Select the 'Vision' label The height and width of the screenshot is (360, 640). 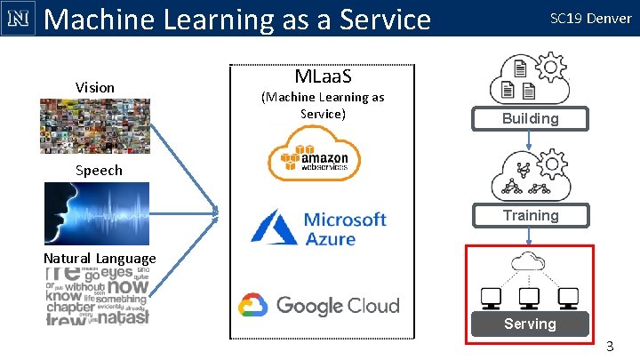point(95,87)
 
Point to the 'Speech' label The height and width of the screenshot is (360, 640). point(99,170)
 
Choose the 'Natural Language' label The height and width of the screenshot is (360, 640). point(100,259)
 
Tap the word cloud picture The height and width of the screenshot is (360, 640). point(97,296)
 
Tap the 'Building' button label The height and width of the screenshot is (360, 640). point(530,118)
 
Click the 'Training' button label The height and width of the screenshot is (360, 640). point(530,215)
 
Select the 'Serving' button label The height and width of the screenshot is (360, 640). point(530,324)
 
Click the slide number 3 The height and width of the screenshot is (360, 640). point(610,345)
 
